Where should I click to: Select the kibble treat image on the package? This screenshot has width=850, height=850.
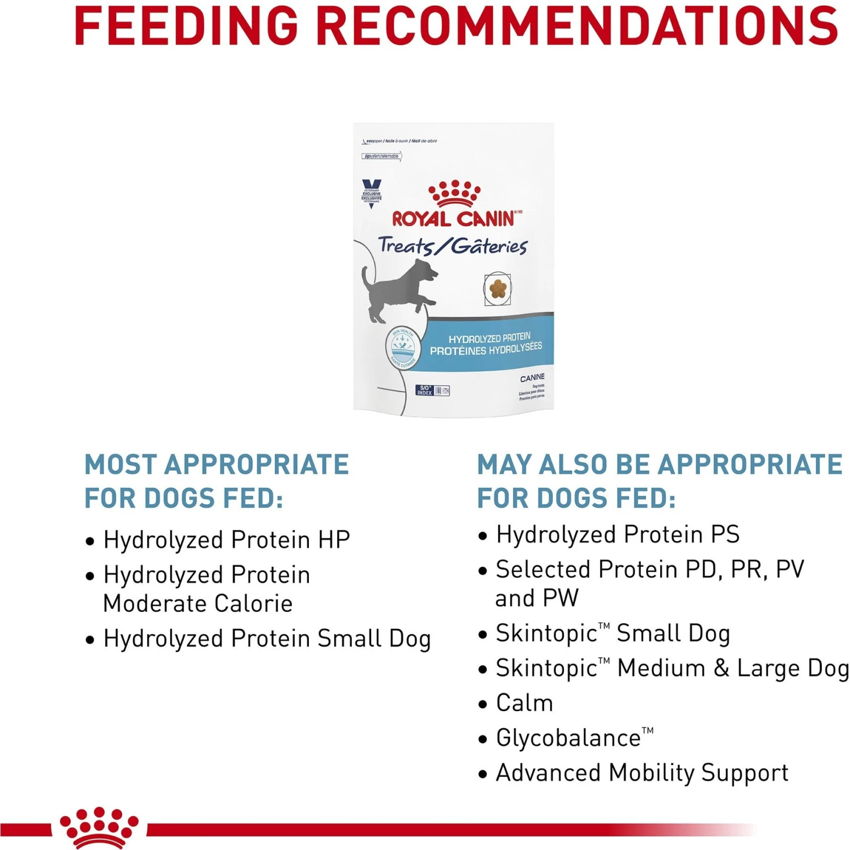pyautogui.click(x=498, y=288)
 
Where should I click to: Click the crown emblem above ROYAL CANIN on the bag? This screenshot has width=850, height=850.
pyautogui.click(x=454, y=194)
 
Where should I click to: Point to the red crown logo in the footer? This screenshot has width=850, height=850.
pyautogui.click(x=99, y=828)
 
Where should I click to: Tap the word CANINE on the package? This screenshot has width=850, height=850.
pyautogui.click(x=532, y=377)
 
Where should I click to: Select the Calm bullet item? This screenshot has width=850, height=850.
pyautogui.click(x=524, y=703)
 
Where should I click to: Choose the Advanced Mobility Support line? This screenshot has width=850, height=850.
pyautogui.click(x=641, y=773)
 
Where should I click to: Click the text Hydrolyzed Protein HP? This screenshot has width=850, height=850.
pyautogui.click(x=227, y=540)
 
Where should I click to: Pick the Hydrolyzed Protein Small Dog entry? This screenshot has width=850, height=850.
pyautogui.click(x=267, y=639)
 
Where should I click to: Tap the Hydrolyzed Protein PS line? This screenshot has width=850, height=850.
pyautogui.click(x=618, y=534)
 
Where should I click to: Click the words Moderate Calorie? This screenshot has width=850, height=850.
pyautogui.click(x=198, y=603)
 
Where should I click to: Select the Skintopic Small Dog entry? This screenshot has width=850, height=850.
pyautogui.click(x=612, y=633)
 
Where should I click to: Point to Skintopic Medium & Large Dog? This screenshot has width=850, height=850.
pyautogui.click(x=672, y=668)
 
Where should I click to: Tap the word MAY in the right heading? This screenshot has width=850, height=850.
pyautogui.click(x=504, y=465)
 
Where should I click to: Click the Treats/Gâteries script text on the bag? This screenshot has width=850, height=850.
pyautogui.click(x=452, y=246)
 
